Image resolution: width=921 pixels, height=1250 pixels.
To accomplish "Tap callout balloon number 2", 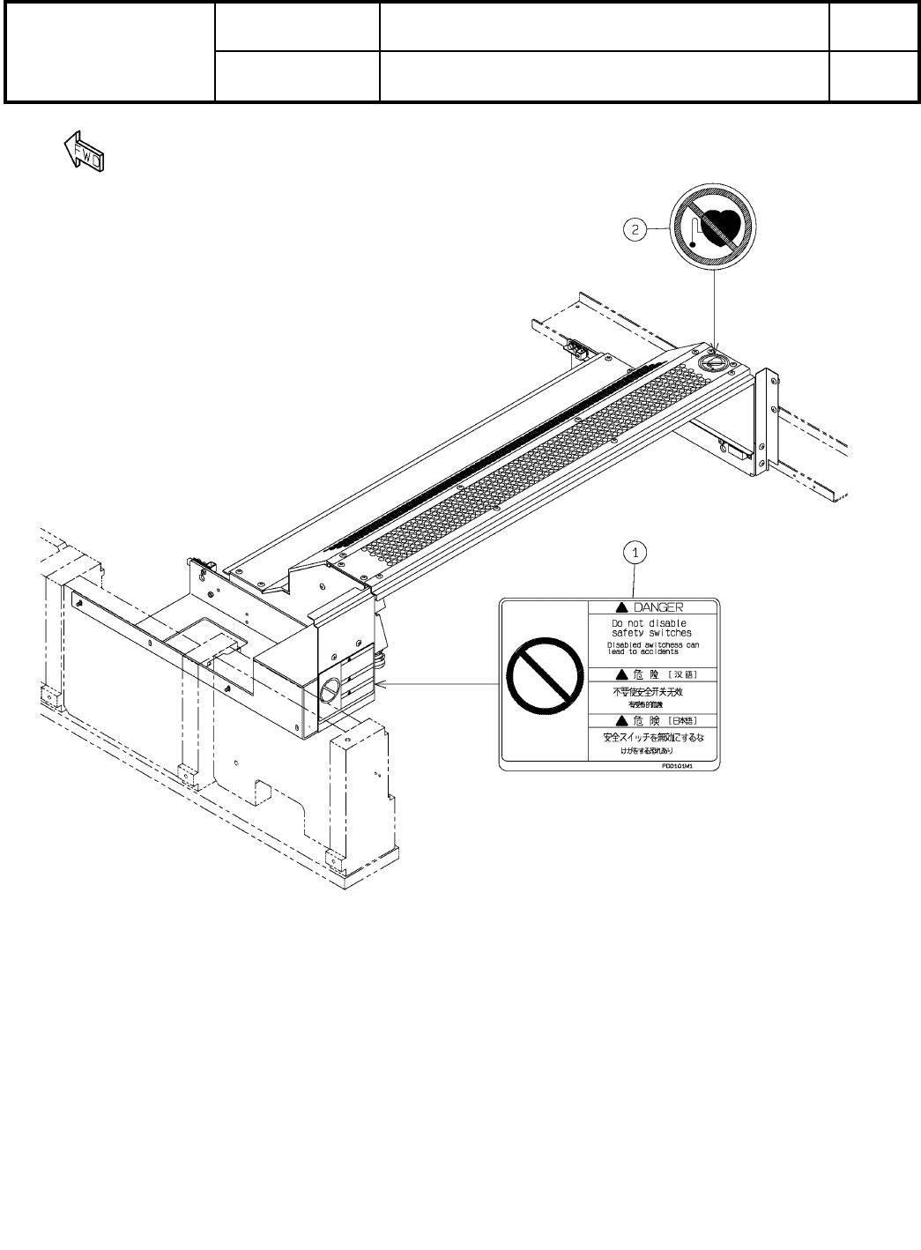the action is click(634, 230).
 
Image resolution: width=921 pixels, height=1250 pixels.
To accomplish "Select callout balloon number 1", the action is click(635, 553).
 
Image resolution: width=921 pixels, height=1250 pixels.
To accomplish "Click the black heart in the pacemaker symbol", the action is click(724, 227).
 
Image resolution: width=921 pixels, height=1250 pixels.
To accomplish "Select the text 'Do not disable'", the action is click(650, 623).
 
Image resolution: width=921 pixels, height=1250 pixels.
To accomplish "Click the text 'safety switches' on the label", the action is click(652, 633).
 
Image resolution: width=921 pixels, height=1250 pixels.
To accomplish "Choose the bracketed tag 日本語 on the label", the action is click(685, 721).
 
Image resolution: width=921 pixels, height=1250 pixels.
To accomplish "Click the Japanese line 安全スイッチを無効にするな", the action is click(653, 737).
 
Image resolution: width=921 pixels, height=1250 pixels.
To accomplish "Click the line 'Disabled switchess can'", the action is click(654, 644).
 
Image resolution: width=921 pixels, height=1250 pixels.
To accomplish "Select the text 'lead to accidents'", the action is click(643, 651).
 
